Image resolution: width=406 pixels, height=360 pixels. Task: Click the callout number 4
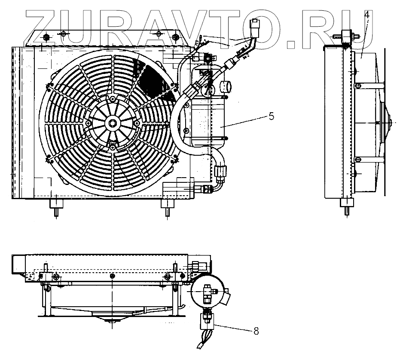tap(366, 15)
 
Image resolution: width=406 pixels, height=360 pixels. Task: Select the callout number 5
tap(271, 117)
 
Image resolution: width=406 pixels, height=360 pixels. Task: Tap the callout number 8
tap(256, 331)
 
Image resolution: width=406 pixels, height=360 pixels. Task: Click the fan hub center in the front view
tap(113, 122)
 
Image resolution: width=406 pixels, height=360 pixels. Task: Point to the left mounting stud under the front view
tap(56, 208)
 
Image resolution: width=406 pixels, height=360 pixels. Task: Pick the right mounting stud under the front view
tap(168, 208)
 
